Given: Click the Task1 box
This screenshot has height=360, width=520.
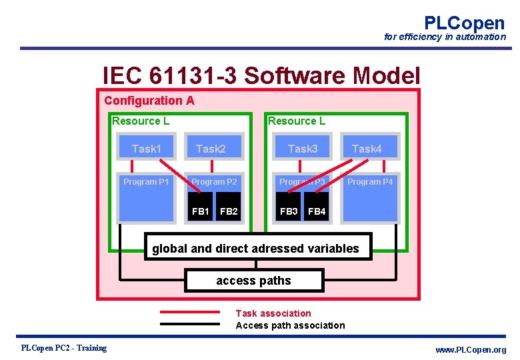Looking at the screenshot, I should [x=146, y=149].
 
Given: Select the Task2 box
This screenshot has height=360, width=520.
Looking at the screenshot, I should [x=211, y=149].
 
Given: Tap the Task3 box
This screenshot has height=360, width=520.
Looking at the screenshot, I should [x=303, y=149].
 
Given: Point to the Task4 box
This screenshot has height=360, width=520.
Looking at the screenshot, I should [x=367, y=149].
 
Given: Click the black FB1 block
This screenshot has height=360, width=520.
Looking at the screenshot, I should [x=201, y=211].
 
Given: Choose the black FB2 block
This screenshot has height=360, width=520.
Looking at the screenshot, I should [x=229, y=211].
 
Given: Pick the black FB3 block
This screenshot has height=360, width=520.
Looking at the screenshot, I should [x=289, y=211].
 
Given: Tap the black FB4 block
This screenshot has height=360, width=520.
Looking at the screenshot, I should [x=317, y=211].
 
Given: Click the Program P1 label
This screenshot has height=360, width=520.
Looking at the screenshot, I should [x=146, y=181].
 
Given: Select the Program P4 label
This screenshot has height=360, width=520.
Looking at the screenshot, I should [x=370, y=181].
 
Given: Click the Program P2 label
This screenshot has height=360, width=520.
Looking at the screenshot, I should [x=214, y=181].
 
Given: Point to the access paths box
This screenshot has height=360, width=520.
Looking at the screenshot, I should [x=253, y=281].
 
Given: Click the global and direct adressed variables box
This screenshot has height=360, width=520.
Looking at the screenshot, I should [x=256, y=249].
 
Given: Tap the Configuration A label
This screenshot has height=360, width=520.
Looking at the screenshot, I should [x=149, y=101].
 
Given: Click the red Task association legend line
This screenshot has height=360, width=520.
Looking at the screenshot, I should [x=189, y=312].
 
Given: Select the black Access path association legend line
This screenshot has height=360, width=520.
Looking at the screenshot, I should [x=189, y=325].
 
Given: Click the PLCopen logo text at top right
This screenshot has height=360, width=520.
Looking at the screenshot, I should [x=464, y=23].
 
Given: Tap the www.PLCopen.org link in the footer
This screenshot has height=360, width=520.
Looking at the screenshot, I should [x=471, y=350].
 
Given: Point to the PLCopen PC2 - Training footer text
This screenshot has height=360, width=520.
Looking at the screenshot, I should [x=64, y=348].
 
